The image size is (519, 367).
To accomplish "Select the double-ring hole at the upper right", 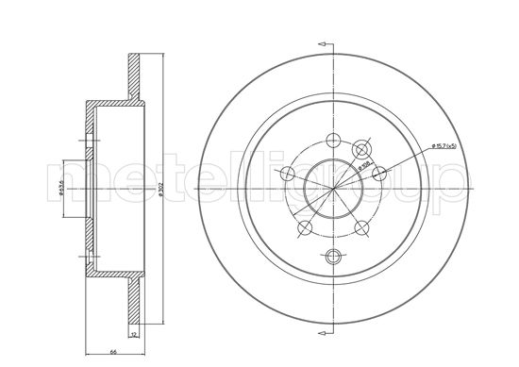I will pos(360,150).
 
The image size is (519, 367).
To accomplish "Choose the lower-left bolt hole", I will pos(303,228).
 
